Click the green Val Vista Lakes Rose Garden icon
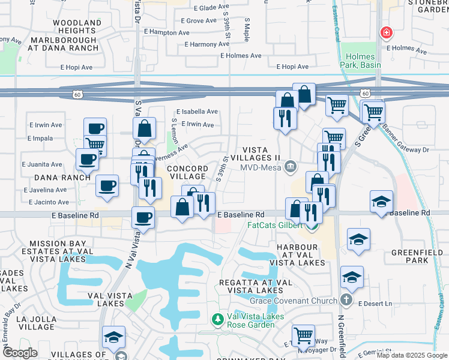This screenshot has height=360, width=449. click(220, 319)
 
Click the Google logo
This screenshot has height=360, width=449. click(20, 353)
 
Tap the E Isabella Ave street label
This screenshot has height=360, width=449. click(197, 112)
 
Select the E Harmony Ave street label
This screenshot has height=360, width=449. click(208, 44)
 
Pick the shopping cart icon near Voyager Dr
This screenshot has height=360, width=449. click(304, 335)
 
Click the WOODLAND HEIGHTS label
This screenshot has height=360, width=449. click(77, 26)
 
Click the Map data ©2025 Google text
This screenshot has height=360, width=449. click(411, 355)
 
